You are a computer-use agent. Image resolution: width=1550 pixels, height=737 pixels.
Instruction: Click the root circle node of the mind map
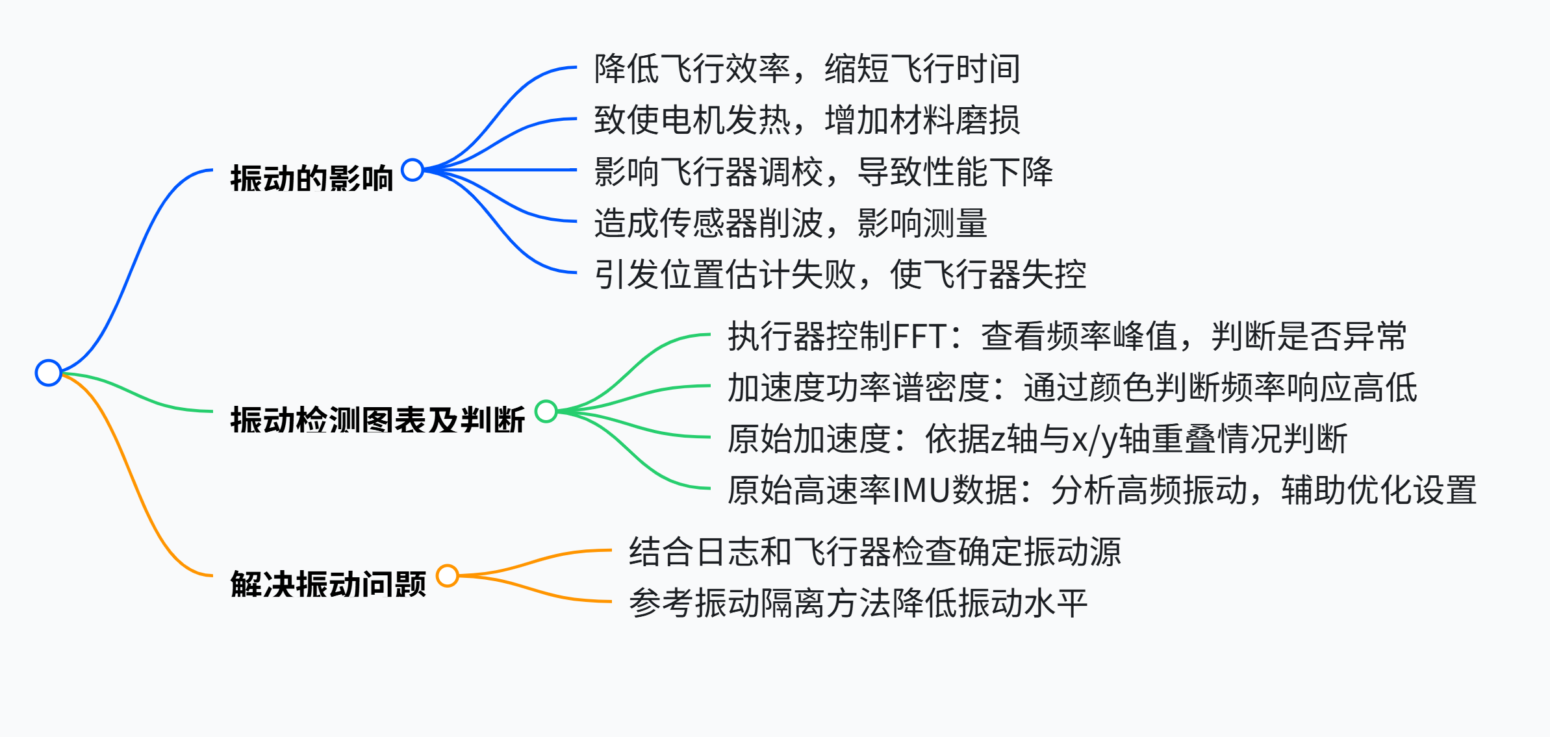coord(49,373)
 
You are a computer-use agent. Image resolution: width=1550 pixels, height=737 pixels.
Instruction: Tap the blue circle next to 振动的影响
coord(413,170)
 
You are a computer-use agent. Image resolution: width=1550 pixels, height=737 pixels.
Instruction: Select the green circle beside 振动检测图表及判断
coord(546,411)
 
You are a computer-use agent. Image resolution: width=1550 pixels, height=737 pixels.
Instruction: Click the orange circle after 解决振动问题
coord(448,576)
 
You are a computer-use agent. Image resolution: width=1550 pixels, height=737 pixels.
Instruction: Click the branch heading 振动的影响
coord(312,179)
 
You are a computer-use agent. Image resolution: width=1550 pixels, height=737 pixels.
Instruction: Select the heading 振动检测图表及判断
coord(377,419)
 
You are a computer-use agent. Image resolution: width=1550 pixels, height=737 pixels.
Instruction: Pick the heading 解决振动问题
coord(328,584)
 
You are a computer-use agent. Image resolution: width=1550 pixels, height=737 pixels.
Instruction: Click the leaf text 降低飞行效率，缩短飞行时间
coord(807,69)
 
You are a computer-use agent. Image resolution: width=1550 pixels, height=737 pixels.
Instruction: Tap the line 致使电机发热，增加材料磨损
coord(807,120)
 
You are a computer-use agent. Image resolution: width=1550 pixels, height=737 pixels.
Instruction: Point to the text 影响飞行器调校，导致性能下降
coord(823,172)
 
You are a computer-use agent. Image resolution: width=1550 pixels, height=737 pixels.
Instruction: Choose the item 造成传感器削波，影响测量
coord(791,223)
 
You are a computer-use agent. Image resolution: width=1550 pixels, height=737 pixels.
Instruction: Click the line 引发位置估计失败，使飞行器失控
coord(840,275)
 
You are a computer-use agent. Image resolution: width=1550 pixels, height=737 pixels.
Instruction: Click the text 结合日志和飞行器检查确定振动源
coord(875,552)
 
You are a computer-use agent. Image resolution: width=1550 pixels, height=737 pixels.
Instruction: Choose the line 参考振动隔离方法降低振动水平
coord(858,603)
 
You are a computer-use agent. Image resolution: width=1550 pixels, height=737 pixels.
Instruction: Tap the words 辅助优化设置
coord(1379,490)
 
